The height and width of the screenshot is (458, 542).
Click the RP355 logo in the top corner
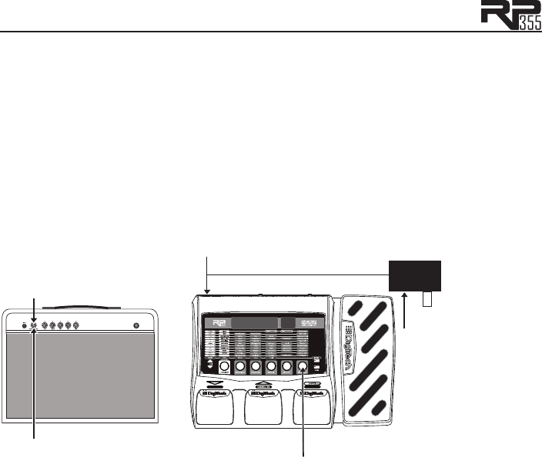pyautogui.click(x=510, y=15)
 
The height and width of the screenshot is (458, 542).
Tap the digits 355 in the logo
pyautogui.click(x=526, y=23)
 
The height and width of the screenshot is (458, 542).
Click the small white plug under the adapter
pyautogui.click(x=427, y=298)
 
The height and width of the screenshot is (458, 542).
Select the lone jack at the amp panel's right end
pyautogui.click(x=137, y=325)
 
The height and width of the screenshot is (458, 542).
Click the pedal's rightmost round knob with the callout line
pyautogui.click(x=303, y=367)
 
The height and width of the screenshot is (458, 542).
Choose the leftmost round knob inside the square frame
pyautogui.click(x=223, y=367)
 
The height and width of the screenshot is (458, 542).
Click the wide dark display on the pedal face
pyautogui.click(x=253, y=325)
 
